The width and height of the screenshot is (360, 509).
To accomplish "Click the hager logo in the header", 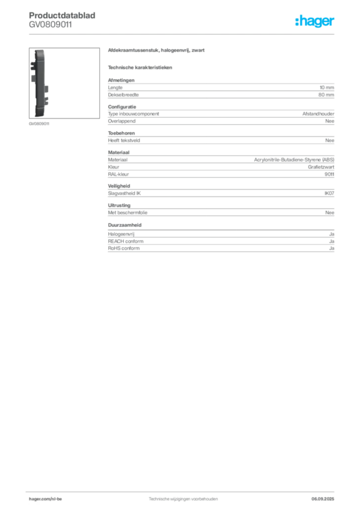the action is point(315,21).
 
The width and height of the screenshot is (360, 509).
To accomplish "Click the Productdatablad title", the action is point(62,15).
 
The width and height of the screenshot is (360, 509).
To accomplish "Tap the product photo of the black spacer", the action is point(64,83).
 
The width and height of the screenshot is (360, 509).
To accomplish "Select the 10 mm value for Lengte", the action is point(327,87).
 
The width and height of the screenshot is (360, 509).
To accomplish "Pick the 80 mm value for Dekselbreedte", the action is point(326,95).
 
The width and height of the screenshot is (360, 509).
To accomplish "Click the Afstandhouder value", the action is point(318,114).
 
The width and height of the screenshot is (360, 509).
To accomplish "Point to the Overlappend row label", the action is point(122,121).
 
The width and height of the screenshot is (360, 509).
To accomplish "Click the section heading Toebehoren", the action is point(121,133).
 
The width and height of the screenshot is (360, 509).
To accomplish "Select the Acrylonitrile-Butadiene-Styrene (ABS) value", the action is point(294,160).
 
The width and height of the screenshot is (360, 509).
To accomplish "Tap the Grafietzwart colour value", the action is point(321,167).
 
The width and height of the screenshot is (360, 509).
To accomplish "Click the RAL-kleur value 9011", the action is point(329,174).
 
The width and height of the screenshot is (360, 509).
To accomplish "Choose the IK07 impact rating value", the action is point(329,193).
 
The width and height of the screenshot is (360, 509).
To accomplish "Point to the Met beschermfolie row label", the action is point(128,213).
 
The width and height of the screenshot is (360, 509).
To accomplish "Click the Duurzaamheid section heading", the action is point(125,225).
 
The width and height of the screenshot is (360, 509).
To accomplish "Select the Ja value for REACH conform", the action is point(332,241).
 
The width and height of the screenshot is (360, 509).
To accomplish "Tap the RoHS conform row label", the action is point(124,249).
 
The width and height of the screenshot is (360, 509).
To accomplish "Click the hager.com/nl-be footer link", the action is point(45,499).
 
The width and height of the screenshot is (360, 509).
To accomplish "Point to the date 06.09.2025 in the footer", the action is point(323,499).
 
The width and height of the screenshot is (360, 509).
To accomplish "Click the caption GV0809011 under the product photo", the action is point(39,124).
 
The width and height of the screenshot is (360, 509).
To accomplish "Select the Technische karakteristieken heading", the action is point(140,68).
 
